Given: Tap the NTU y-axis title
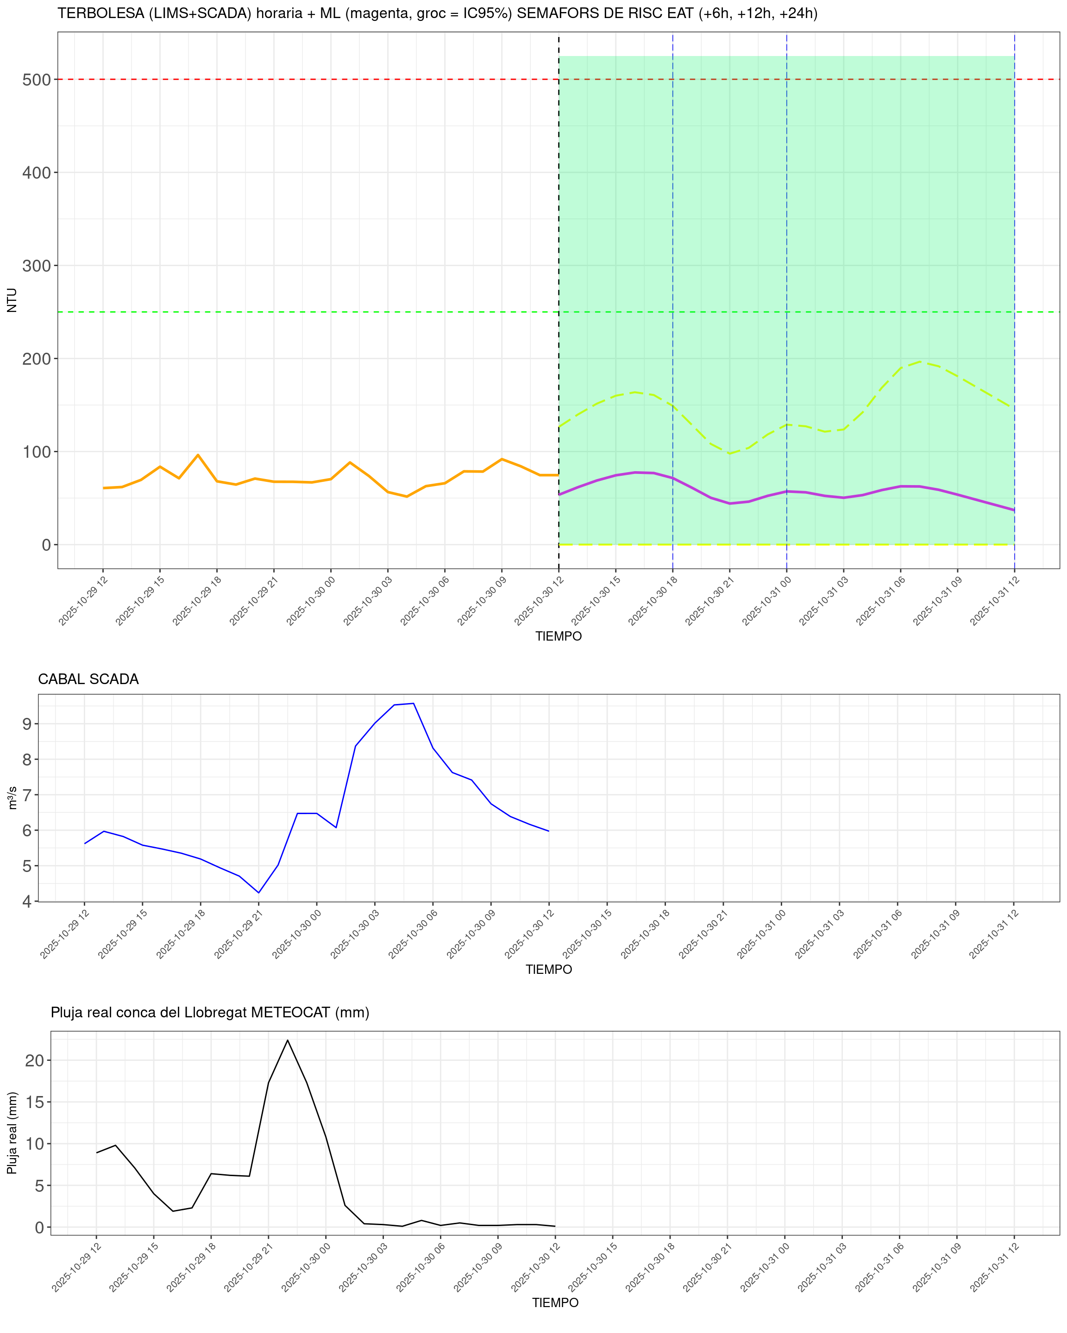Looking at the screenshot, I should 12,300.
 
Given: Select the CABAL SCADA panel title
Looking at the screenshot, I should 88,679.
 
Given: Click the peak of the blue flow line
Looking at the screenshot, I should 413,704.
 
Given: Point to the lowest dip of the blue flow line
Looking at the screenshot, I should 258,893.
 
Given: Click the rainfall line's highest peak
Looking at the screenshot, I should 288,1040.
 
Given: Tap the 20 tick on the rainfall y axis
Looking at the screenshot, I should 35,1060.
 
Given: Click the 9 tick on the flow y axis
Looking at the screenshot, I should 26,724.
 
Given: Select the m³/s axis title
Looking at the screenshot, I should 13,797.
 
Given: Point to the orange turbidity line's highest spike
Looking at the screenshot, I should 198,455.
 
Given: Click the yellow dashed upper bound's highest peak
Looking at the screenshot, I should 920,361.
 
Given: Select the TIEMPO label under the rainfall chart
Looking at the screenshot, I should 555,1303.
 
